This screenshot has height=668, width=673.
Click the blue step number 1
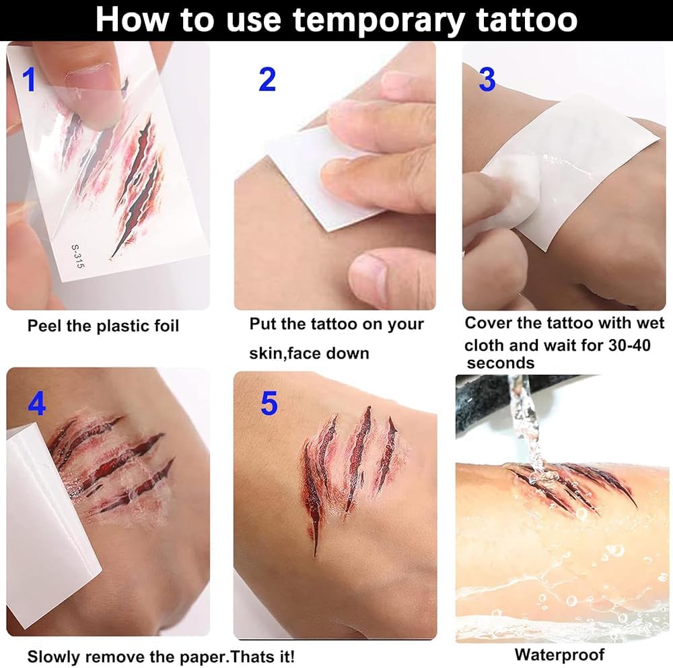pyautogui.click(x=29, y=79)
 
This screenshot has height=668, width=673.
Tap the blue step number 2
pyautogui.click(x=267, y=79)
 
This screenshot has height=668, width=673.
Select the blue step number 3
pyautogui.click(x=487, y=79)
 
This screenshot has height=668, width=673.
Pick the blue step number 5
pyautogui.click(x=269, y=403)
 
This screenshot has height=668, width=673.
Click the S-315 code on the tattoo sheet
pyautogui.click(x=77, y=256)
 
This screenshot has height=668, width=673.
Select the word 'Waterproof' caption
pyautogui.click(x=559, y=655)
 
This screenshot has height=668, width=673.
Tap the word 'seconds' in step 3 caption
pyautogui.click(x=501, y=363)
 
